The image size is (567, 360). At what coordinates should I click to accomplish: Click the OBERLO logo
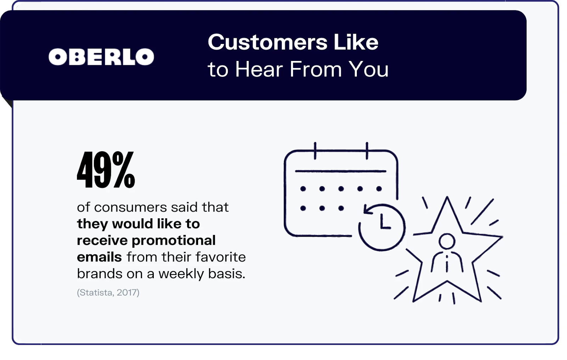pyautogui.click(x=101, y=57)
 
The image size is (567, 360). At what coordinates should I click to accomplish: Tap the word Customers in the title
pyautogui.click(x=268, y=42)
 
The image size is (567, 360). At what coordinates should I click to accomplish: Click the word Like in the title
pyautogui.click(x=356, y=42)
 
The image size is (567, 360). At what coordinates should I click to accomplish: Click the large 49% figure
pyautogui.click(x=106, y=169)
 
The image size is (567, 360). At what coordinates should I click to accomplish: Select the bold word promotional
pyautogui.click(x=173, y=241)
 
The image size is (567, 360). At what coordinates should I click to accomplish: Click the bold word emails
pyautogui.click(x=99, y=257)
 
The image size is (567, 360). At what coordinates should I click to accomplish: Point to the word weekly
pyautogui.click(x=181, y=274)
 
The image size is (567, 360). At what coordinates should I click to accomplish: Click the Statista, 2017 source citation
pyautogui.click(x=108, y=293)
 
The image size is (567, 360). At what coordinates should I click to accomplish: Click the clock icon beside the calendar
pyautogui.click(x=382, y=227)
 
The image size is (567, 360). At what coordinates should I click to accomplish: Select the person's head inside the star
pyautogui.click(x=447, y=241)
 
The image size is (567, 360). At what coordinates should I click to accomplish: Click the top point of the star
pyautogui.click(x=447, y=197)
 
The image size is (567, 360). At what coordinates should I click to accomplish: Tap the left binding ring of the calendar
pyautogui.click(x=315, y=151)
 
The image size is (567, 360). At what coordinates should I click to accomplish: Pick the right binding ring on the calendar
pyautogui.click(x=367, y=151)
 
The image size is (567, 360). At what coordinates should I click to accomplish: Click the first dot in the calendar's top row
pyautogui.click(x=303, y=189)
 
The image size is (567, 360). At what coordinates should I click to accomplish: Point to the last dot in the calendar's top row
pyautogui.click(x=379, y=189)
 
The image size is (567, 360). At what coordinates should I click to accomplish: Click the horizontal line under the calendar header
pyautogui.click(x=341, y=171)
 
